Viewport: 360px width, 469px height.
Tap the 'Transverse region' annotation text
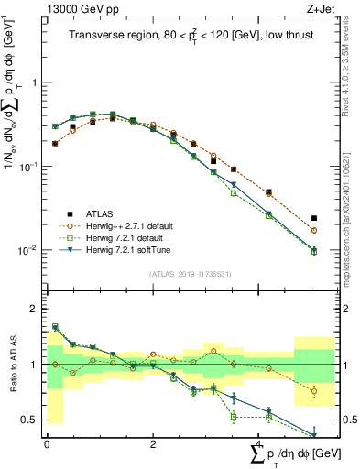coord(115,37)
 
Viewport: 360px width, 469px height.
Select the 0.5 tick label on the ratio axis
coord(26,420)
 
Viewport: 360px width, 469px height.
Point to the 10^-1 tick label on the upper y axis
coord(26,166)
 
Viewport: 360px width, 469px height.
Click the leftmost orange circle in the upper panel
coord(55,144)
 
